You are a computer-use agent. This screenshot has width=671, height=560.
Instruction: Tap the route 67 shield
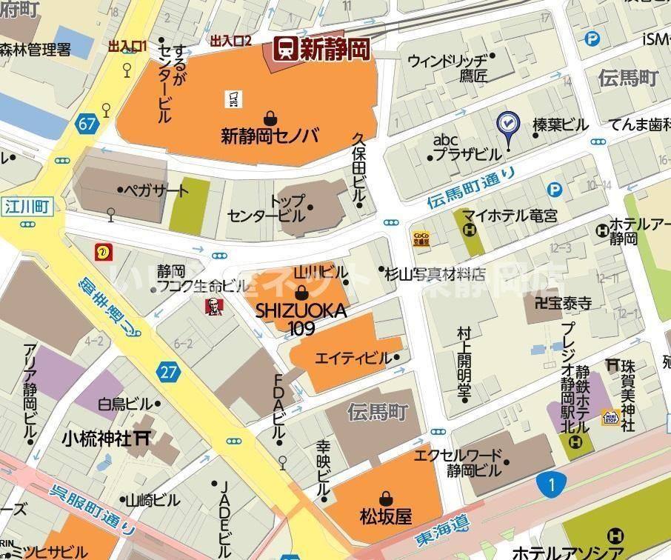(87, 124)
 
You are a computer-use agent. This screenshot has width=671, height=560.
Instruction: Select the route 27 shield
(169, 371)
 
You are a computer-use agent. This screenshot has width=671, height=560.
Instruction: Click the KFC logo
(213, 304)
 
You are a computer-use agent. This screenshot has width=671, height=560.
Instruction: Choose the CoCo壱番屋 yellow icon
(421, 238)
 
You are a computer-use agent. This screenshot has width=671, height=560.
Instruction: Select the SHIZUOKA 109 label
(301, 319)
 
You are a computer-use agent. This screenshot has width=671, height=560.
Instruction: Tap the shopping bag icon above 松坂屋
(385, 498)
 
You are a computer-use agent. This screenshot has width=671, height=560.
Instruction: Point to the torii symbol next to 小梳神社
(141, 438)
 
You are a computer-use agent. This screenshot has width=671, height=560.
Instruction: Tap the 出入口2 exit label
(231, 41)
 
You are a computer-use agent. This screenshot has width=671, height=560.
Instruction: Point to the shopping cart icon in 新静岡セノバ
(233, 97)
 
